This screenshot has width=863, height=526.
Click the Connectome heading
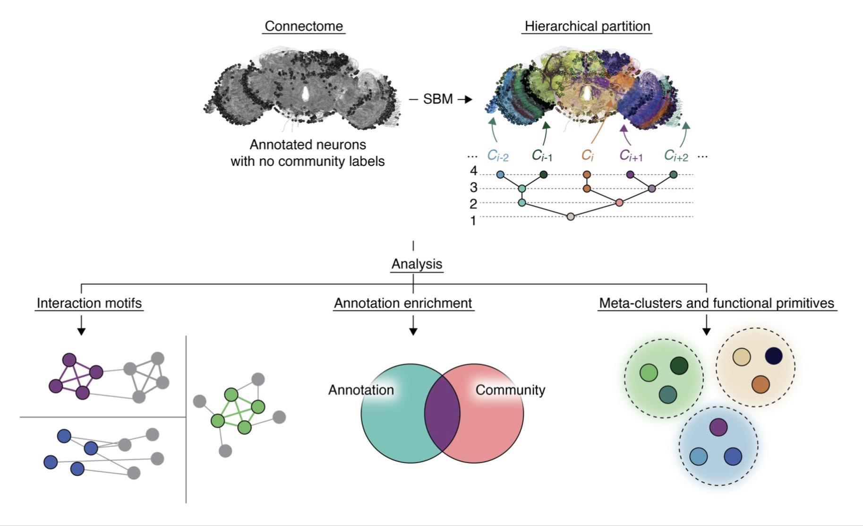(304, 26)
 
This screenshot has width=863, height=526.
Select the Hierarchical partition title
(587, 26)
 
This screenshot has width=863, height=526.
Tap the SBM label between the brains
(438, 99)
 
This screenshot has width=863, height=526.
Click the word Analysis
(417, 264)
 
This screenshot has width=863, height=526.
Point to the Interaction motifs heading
(89, 303)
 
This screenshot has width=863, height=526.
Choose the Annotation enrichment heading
(403, 303)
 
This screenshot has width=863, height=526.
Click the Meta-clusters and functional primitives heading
(716, 303)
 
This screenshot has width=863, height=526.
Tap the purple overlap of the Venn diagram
(442, 414)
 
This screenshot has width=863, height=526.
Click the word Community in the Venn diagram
(510, 390)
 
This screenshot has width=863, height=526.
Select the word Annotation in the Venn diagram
(361, 390)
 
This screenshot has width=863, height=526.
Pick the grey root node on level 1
(571, 216)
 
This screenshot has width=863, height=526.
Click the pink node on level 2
(619, 203)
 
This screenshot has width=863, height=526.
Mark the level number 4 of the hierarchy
(473, 171)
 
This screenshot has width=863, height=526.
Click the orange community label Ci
(587, 155)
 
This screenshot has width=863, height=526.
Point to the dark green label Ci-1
(542, 155)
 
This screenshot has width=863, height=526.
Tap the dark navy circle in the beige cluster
(773, 356)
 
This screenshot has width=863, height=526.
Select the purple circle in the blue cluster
(718, 427)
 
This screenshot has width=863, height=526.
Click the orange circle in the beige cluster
(760, 384)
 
